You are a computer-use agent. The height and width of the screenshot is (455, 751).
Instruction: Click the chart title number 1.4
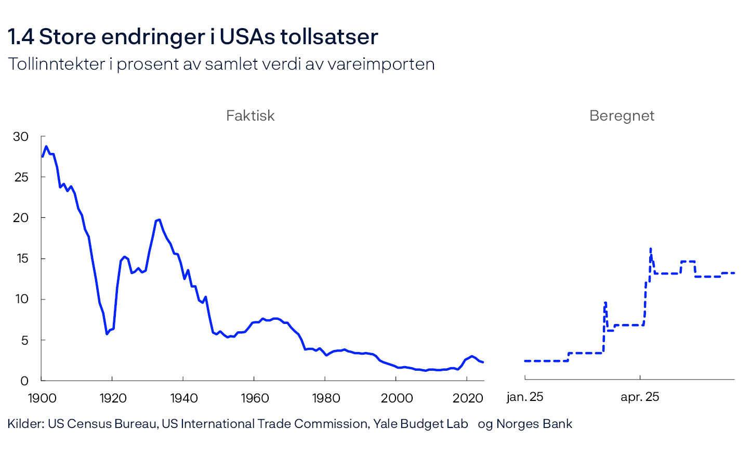coord(21,37)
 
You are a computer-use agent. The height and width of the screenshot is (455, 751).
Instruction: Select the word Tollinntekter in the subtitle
coord(57,64)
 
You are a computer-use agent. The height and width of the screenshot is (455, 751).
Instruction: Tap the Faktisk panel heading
coord(250,115)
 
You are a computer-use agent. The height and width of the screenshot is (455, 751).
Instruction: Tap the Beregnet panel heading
coord(622,115)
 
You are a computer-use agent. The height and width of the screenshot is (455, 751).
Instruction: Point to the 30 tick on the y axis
coord(21,137)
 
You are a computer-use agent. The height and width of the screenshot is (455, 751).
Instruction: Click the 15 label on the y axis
coord(21,258)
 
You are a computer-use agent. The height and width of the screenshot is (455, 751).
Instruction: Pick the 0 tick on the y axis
coord(24,381)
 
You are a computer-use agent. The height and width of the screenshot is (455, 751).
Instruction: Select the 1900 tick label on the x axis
coord(42,398)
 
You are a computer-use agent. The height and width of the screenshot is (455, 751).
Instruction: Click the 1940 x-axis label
coord(183,398)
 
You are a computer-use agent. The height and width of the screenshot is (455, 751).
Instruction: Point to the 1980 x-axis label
coord(325,398)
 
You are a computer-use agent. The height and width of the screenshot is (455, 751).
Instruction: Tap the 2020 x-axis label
coord(467,398)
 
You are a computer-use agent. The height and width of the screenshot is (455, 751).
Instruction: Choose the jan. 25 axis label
coord(524,397)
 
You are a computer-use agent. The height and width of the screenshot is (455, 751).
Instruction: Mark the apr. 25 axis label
coord(639,397)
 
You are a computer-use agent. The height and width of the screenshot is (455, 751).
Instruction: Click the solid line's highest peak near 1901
coord(46,146)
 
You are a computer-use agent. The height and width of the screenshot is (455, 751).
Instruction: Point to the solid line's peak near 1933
coord(159,219)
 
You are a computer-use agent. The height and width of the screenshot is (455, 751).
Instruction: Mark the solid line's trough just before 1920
coord(107,334)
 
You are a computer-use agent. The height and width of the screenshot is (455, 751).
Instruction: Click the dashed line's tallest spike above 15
coord(651,249)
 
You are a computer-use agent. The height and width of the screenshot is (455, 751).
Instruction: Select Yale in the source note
coord(386,424)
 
